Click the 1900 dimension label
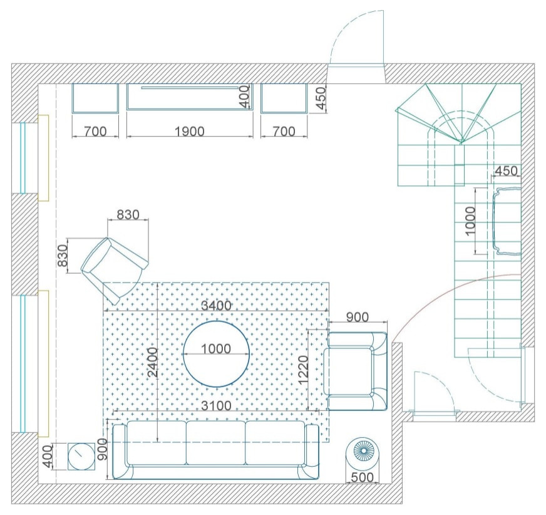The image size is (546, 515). coord(190,132)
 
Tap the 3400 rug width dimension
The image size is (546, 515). coord(216,306)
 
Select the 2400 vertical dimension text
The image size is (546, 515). coord(153,362)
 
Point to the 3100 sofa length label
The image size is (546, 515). coord(216,405)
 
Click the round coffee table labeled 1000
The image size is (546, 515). coord(216,353)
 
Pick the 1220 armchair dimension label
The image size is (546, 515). coord(303,370)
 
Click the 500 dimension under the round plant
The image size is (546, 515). coord(363,477)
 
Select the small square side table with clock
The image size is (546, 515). coord(81,457)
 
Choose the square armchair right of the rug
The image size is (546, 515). coord(356,371)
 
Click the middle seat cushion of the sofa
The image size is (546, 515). coord(216,443)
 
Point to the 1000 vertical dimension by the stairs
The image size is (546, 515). coord(470,221)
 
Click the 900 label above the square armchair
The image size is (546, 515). coord(358,317)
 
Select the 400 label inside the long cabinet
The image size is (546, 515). coord(245,96)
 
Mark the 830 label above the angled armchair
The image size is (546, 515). coord(128,215)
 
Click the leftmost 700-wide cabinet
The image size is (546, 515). coord(95,98)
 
